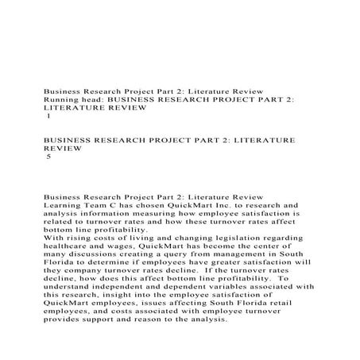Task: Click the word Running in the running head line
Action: tap(59, 101)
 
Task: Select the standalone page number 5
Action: tap(49, 158)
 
